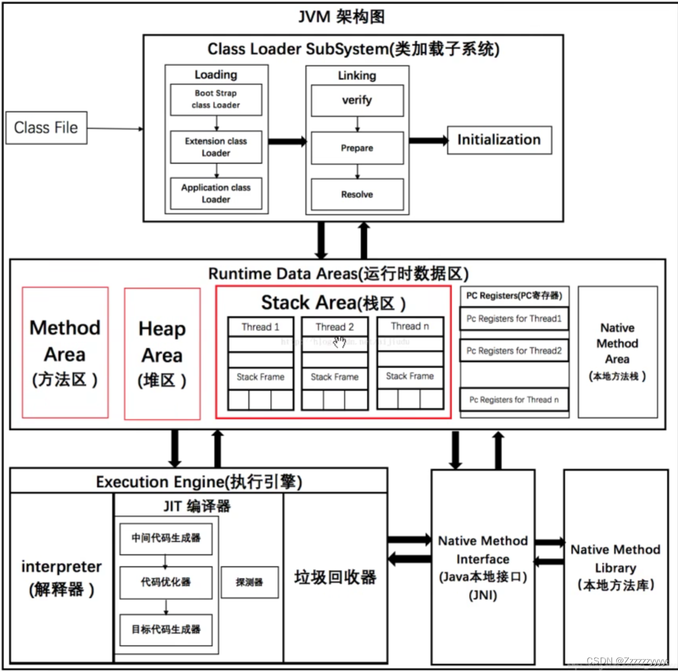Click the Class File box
point(46,128)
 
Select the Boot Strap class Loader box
point(216,99)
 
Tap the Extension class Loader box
point(216,147)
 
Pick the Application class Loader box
point(216,193)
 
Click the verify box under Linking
point(357,100)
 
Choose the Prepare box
point(357,148)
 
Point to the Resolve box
point(357,195)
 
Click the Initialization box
point(499,140)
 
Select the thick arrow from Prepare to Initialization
point(427,141)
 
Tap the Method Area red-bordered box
point(65,353)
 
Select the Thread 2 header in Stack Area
point(335,327)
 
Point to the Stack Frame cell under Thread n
point(410,376)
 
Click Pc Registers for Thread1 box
point(514,319)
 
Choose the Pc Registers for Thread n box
point(514,400)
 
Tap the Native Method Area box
point(617,352)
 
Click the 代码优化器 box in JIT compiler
point(166,582)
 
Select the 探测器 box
point(249,582)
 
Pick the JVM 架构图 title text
point(341,17)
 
